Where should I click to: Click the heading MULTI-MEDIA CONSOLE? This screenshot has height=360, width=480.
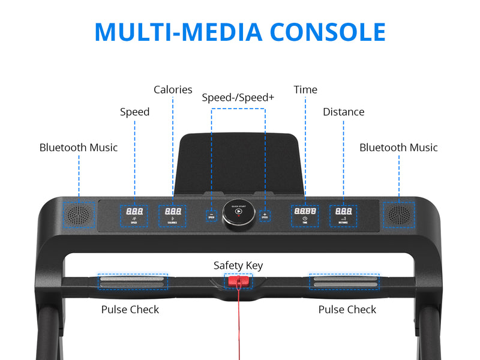[x=240, y=32]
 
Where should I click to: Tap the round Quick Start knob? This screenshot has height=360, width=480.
[x=238, y=213]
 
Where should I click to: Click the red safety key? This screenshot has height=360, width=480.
[x=238, y=281]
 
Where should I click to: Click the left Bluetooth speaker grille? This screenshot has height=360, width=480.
[x=78, y=213]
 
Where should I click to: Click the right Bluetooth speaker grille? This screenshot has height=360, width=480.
[x=399, y=213]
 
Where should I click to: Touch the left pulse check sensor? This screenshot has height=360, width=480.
[x=133, y=281]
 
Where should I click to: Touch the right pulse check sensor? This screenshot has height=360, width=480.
[x=344, y=281]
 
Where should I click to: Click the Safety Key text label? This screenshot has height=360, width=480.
[x=238, y=265]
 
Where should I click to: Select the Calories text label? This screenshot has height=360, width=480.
[x=173, y=90]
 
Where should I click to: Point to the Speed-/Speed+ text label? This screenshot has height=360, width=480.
[x=238, y=97]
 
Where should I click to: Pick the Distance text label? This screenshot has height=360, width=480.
[x=343, y=112]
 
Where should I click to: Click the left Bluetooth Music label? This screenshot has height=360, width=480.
[x=79, y=148]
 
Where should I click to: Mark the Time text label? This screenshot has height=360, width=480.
[x=305, y=90]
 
